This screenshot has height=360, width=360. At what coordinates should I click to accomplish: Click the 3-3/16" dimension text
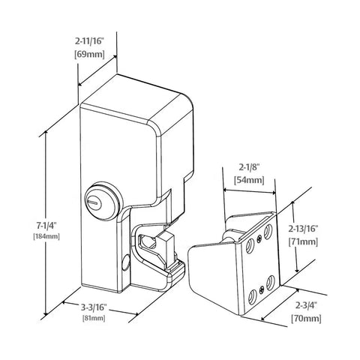point(96,307)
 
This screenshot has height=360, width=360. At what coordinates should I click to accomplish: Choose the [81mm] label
point(96,319)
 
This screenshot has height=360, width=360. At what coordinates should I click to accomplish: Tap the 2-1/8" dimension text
point(247,168)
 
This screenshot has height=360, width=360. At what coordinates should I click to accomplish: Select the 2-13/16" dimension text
point(304,230)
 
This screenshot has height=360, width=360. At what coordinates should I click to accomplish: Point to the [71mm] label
point(304,242)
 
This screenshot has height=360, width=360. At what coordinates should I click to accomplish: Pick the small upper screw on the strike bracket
point(259,239)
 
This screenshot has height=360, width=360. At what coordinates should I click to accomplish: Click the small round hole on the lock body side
point(124,262)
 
